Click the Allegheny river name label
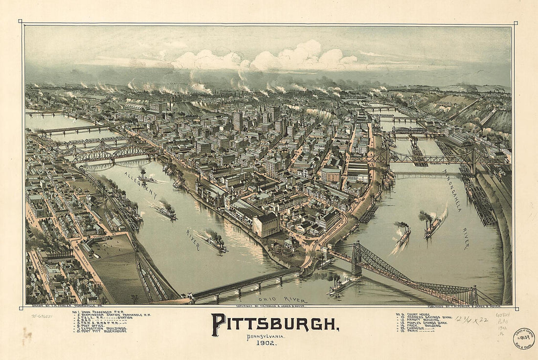140,185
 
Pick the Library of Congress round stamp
523,338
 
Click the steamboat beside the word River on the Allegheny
216,243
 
